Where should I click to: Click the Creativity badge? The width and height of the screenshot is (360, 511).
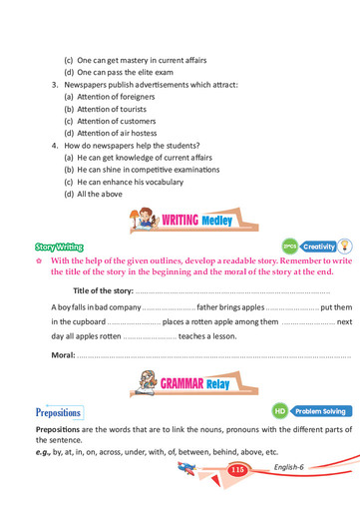318,246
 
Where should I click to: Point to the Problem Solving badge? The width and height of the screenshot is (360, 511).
310,410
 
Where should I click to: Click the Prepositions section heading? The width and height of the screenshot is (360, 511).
59,411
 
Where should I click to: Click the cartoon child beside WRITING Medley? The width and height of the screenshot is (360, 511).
145,216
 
